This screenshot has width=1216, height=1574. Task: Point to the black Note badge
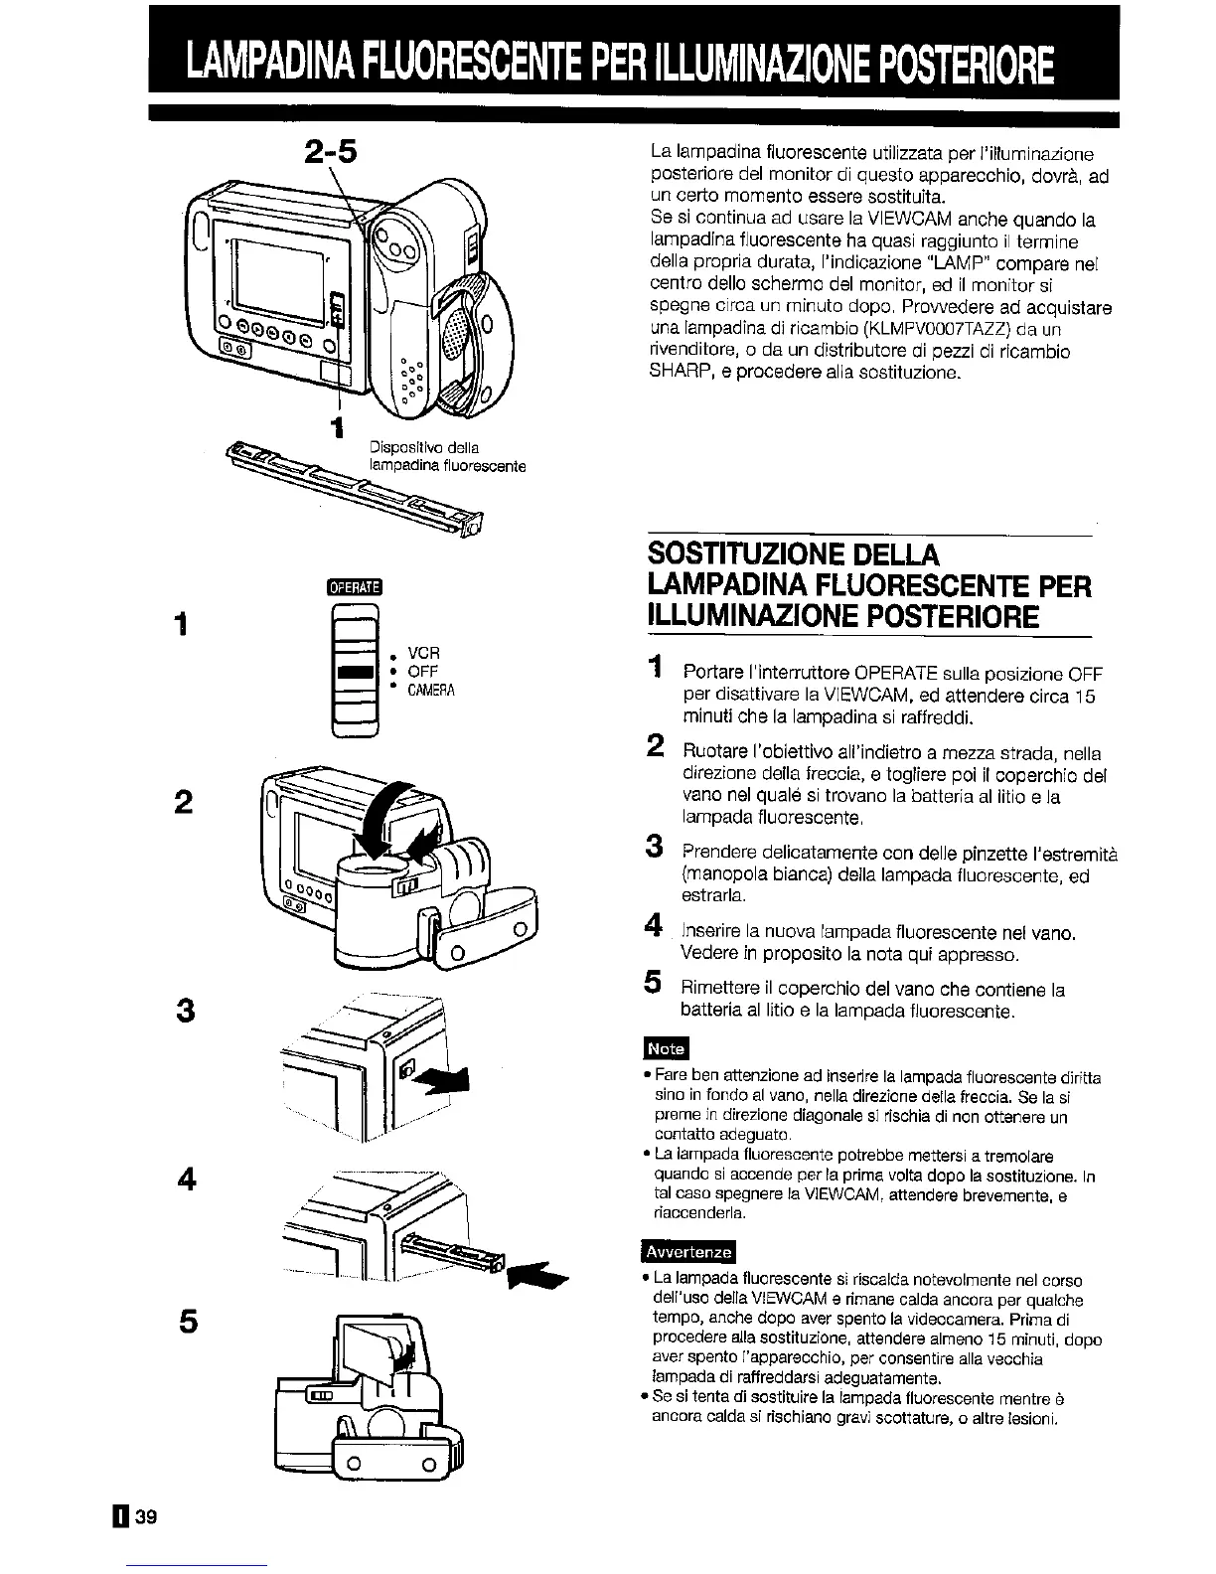(x=666, y=1049)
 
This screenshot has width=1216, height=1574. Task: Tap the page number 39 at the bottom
(x=137, y=1516)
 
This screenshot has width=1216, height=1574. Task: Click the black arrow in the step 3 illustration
(x=445, y=1079)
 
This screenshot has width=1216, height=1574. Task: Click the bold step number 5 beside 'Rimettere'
(x=653, y=985)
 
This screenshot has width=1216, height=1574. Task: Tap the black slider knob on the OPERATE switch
(x=354, y=672)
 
